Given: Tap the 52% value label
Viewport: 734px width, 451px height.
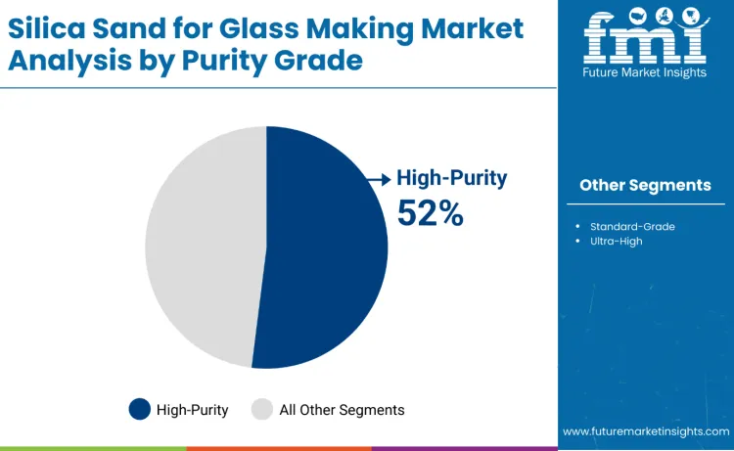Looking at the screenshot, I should [430, 212].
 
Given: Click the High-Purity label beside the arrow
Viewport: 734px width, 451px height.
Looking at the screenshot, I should [451, 178].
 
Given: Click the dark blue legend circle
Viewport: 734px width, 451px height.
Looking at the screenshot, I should [140, 409].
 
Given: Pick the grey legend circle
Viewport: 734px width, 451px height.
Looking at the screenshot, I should [262, 409].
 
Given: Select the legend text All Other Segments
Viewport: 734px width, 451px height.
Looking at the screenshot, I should [342, 410].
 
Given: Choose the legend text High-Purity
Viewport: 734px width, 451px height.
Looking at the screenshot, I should [192, 410].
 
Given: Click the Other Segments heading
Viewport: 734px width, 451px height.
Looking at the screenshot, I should [645, 185].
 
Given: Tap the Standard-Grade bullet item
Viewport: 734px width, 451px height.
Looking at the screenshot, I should [632, 226].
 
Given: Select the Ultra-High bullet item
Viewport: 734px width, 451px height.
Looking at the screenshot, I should [616, 241].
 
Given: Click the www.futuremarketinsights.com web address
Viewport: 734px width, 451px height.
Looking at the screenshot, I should [646, 430].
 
